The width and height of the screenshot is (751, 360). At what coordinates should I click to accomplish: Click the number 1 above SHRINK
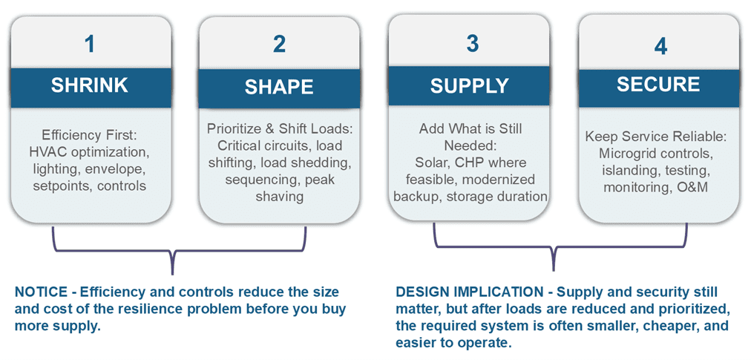pyautogui.click(x=89, y=44)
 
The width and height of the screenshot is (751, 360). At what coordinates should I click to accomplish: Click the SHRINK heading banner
pyautogui.click(x=89, y=85)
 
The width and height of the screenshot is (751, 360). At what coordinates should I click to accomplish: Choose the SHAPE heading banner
pyautogui.click(x=279, y=87)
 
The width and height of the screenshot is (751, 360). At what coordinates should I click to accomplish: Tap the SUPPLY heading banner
pyautogui.click(x=470, y=86)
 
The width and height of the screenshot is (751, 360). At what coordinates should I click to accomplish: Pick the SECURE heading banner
pyautogui.click(x=658, y=84)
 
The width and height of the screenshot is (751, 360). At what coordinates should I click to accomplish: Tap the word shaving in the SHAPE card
pyautogui.click(x=279, y=196)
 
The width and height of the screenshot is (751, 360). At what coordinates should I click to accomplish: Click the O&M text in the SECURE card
pyautogui.click(x=692, y=187)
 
